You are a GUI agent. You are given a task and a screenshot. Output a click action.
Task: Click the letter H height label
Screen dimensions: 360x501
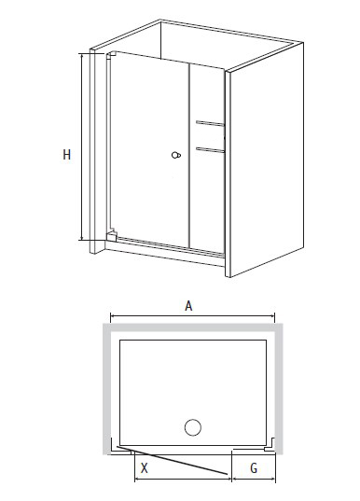(x=66, y=155)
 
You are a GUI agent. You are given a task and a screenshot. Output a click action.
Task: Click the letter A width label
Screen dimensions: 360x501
(x=188, y=306)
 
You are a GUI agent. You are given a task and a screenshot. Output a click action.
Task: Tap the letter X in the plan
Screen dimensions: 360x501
(x=145, y=468)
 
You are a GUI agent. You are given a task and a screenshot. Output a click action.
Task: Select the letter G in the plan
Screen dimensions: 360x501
(x=254, y=468)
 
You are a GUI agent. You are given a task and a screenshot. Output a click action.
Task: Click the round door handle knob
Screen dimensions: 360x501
(x=176, y=155)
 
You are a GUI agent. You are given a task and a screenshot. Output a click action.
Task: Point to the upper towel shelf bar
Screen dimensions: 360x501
(x=210, y=123)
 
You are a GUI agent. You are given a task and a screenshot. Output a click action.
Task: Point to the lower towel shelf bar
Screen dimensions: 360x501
(x=210, y=149)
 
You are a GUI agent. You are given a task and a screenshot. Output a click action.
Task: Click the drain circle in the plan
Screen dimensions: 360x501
(x=193, y=427)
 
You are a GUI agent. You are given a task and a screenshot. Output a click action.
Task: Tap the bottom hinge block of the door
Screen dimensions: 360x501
(x=111, y=235)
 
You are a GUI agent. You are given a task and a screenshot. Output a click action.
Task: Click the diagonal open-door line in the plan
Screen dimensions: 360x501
(x=173, y=460)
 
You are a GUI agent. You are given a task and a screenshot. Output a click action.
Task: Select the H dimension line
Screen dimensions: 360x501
(x=82, y=147)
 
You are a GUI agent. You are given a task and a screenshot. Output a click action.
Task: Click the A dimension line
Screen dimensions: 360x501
(x=192, y=316)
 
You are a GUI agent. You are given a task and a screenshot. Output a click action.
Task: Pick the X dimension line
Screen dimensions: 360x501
(x=183, y=479)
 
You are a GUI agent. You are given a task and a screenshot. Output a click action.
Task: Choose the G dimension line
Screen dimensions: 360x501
(x=254, y=479)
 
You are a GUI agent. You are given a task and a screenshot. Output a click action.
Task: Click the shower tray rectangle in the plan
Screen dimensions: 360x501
(x=193, y=393)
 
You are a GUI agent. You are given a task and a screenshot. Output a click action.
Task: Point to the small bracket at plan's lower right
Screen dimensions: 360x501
(x=270, y=445)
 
